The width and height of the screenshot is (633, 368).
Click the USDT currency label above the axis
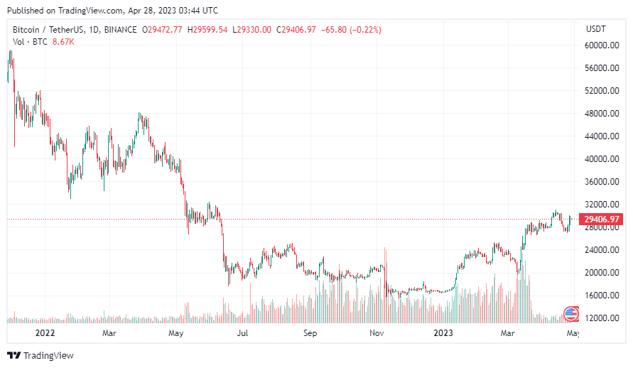pyautogui.click(x=595, y=29)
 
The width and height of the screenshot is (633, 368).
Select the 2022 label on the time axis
pyautogui.click(x=45, y=332)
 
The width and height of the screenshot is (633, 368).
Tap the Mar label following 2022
pyautogui.click(x=109, y=332)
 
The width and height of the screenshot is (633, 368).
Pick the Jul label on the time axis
pyautogui.click(x=242, y=332)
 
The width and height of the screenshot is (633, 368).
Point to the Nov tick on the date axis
pyautogui.click(x=377, y=332)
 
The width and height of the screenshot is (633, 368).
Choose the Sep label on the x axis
pyautogui.click(x=310, y=332)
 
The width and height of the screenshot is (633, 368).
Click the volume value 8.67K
pyautogui.click(x=62, y=42)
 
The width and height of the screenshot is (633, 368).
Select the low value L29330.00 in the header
pyautogui.click(x=251, y=30)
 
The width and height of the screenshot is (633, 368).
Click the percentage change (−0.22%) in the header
pyautogui.click(x=362, y=30)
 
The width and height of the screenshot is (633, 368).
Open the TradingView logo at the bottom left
pyautogui.click(x=40, y=355)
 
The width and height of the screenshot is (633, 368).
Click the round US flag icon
pyautogui.click(x=570, y=313)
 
